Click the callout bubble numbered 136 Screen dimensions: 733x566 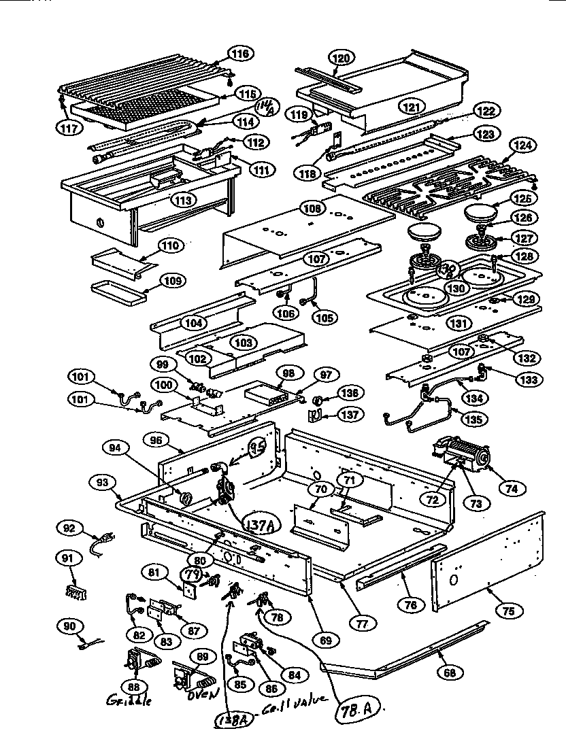(349, 392)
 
